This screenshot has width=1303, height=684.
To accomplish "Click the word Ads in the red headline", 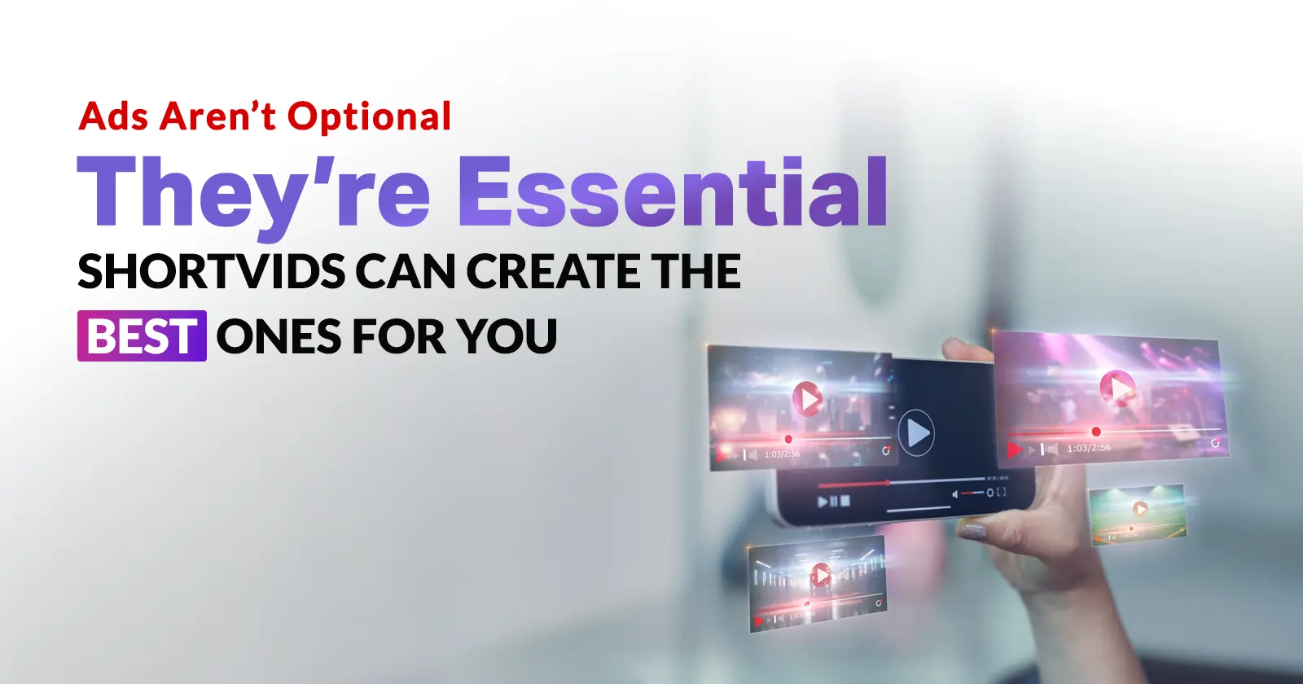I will (113, 116).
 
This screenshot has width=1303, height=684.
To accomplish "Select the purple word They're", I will (253, 193).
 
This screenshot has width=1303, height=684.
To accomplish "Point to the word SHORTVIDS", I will (211, 271).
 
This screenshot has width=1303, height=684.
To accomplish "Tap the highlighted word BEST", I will (142, 335).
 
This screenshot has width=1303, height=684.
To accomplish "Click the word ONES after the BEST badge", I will (279, 335).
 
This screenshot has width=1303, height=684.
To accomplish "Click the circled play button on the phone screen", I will (916, 432).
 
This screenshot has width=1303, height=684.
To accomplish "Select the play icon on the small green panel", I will (1140, 509).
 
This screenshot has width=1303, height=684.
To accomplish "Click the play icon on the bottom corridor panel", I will (821, 576).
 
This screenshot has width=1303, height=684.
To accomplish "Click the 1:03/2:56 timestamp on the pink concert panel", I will (1089, 448).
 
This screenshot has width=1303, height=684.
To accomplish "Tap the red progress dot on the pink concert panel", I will (1096, 432).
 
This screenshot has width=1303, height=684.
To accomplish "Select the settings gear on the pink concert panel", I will (1215, 443).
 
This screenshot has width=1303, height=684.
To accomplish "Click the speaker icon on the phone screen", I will (955, 494).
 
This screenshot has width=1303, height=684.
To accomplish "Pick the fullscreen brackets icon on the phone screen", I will (1002, 491).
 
